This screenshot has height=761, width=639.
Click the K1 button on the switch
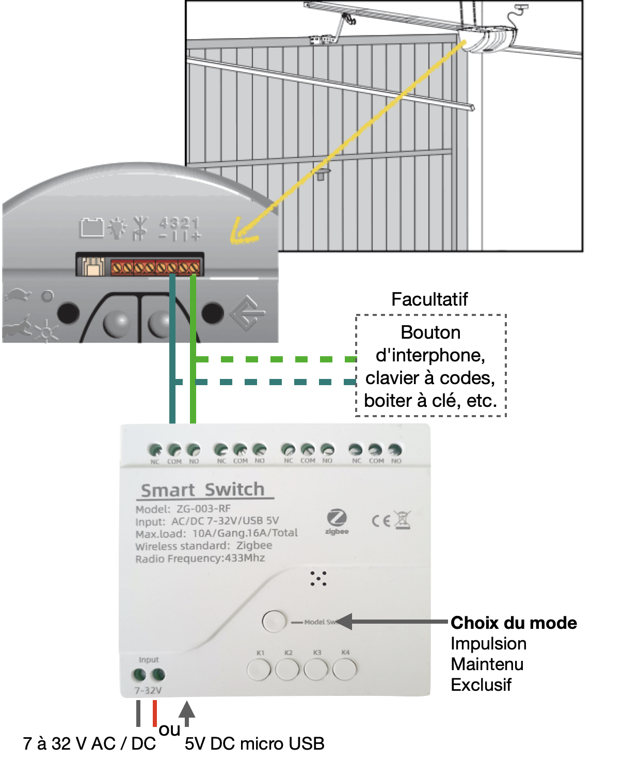259,670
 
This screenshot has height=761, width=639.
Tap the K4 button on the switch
344,670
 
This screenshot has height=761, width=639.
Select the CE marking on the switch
381,520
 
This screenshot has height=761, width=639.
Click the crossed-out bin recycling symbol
403,520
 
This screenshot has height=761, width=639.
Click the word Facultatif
429,299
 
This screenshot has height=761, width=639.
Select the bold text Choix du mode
514,623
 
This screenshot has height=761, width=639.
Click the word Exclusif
481,685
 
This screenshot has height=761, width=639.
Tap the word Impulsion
488,643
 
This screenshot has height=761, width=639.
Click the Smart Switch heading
203,489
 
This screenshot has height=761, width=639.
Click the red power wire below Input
155,712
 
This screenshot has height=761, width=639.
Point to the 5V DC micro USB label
254,743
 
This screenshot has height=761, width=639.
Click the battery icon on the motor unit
92,227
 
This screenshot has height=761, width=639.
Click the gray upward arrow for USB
187,711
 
